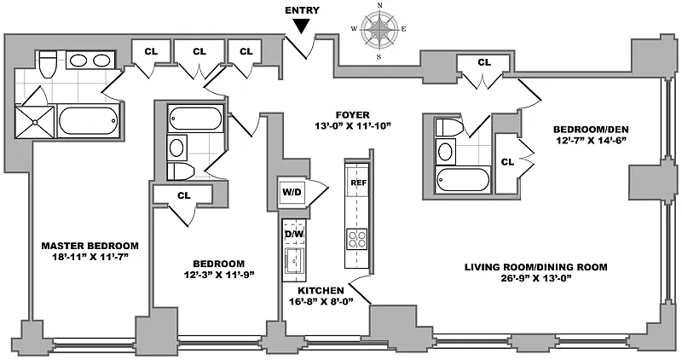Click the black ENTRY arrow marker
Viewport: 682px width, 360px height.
[x=301, y=27]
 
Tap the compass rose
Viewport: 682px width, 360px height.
[x=379, y=32]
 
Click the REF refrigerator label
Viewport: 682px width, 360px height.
[x=356, y=183]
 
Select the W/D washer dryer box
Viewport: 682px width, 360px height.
[x=292, y=191]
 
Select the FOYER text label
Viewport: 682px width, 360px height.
[x=351, y=113]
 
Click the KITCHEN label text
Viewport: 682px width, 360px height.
[x=321, y=290]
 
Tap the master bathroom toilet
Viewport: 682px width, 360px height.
[x=48, y=63]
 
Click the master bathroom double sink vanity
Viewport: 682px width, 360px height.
[x=90, y=61]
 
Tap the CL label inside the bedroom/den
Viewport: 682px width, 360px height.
[x=506, y=161]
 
